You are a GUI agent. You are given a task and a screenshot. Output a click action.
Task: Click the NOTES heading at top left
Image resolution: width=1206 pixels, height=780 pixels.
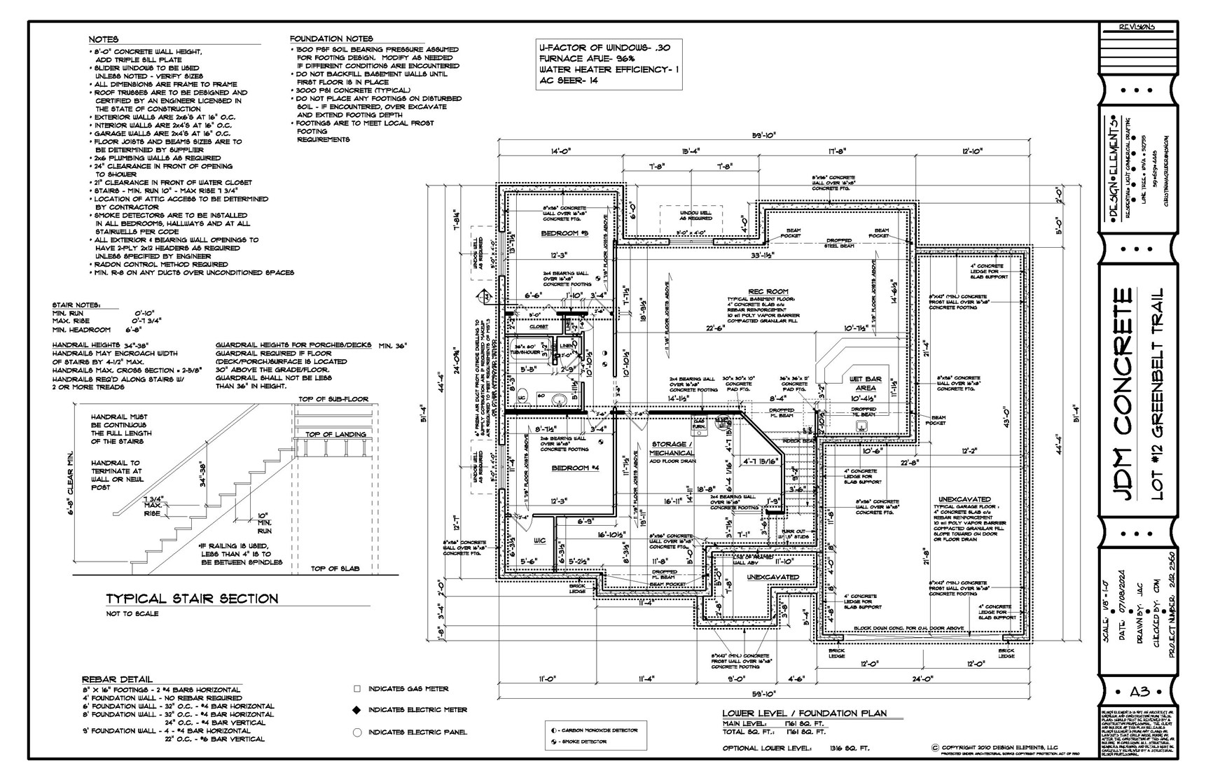(x=104, y=39)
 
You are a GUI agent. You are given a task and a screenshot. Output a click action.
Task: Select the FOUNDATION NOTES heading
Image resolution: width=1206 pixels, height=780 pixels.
(x=331, y=39)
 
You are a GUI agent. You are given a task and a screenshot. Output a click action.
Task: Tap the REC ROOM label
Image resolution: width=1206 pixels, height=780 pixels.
(x=768, y=291)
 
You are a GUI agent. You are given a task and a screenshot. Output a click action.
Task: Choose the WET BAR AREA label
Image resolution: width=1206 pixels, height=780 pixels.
(x=865, y=383)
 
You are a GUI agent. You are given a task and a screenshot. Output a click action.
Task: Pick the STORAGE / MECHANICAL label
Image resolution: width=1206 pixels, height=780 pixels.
(x=672, y=449)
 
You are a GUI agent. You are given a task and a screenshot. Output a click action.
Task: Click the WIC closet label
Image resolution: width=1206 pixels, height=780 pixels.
(x=539, y=541)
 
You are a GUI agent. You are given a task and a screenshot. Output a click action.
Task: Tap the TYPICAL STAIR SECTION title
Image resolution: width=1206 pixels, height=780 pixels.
(x=192, y=599)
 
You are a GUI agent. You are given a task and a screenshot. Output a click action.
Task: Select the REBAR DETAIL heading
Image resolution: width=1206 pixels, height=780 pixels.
(x=117, y=679)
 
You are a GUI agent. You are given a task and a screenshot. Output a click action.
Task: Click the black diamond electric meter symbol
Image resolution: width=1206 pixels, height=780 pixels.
(x=356, y=710)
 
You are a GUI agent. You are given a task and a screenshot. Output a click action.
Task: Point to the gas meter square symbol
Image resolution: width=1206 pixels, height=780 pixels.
(x=356, y=689)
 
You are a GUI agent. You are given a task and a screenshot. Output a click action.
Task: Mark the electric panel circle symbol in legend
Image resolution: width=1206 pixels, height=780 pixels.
(x=356, y=732)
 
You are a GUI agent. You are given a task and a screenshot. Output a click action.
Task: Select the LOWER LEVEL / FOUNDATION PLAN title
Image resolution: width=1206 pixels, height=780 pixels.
(x=804, y=713)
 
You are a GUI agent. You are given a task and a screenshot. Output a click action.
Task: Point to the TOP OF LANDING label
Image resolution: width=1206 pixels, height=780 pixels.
(x=335, y=434)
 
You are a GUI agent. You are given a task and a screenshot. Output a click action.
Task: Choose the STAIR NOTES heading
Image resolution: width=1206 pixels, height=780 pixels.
(x=76, y=305)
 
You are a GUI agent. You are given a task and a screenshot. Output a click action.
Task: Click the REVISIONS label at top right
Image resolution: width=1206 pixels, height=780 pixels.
(x=1136, y=27)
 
